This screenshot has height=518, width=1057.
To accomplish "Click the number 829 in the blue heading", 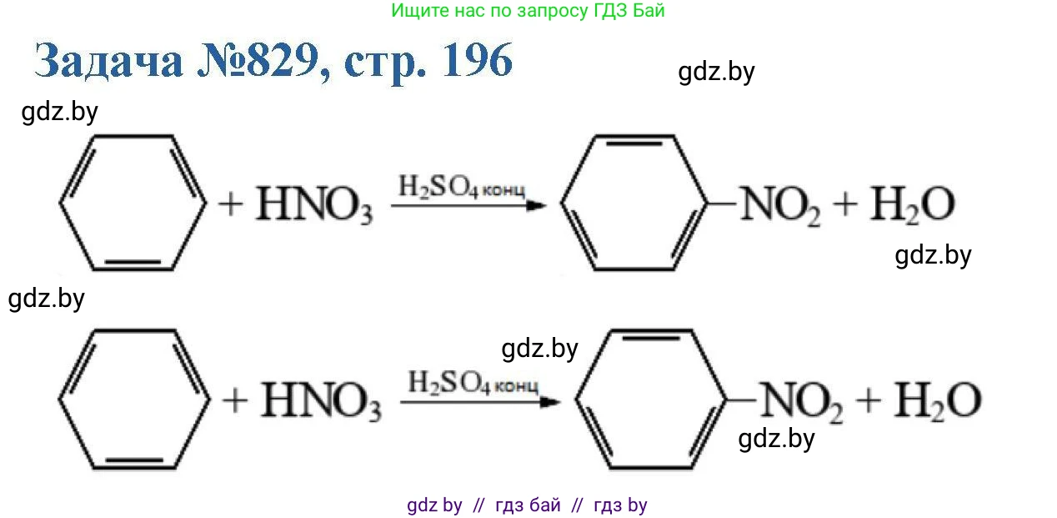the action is [x=283, y=60].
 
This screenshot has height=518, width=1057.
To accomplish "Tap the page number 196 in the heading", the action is [x=477, y=60].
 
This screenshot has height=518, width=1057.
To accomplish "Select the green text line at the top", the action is [x=528, y=10].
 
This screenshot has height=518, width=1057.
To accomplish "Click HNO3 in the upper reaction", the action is [x=314, y=204].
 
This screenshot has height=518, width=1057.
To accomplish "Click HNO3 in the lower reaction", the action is [x=321, y=401].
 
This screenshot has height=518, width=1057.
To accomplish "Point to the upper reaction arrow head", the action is [x=537, y=205].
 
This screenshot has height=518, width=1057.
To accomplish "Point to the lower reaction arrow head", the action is [x=550, y=402].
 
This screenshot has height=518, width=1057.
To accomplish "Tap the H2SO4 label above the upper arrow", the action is [x=462, y=187].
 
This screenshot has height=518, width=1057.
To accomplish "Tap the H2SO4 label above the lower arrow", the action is [x=473, y=383].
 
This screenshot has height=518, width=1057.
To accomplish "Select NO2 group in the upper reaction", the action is [x=780, y=205].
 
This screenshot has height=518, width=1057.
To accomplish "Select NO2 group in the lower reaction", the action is [x=802, y=402].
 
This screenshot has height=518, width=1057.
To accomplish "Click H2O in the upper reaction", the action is [x=913, y=205].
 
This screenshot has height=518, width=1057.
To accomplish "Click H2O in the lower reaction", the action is [x=938, y=401].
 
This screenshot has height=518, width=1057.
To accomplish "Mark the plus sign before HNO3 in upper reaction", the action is [x=231, y=205].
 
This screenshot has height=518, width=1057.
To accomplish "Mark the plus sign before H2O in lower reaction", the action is [x=869, y=400].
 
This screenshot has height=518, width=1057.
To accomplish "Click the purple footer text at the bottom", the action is [x=527, y=505].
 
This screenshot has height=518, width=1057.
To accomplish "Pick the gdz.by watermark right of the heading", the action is [x=716, y=73].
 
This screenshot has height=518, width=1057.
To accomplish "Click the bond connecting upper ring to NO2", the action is [x=722, y=204].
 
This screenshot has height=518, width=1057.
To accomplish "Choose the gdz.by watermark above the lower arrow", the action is [x=539, y=350].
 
